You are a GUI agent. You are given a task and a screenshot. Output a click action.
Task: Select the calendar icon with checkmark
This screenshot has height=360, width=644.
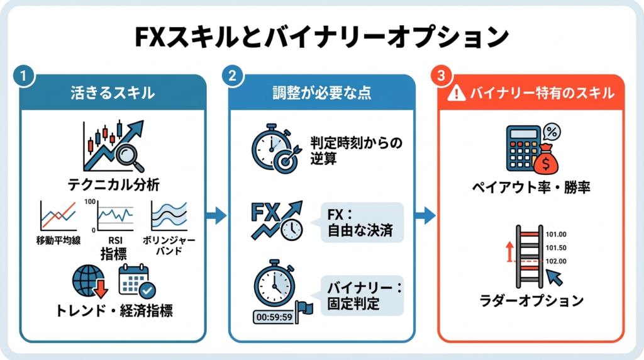tap(136, 281)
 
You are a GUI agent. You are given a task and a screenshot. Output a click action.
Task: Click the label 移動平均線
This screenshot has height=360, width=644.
tap(58, 241)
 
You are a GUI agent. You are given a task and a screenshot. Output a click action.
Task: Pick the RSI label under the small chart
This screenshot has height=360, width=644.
tap(115, 240)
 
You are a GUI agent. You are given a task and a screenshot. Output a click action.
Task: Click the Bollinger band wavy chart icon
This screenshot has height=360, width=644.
tap(168, 217)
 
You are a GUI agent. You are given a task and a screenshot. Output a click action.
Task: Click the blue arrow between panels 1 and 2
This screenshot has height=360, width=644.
tap(217, 216)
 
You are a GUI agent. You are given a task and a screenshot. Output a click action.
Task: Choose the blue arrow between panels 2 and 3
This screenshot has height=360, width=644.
tap(426, 216)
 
